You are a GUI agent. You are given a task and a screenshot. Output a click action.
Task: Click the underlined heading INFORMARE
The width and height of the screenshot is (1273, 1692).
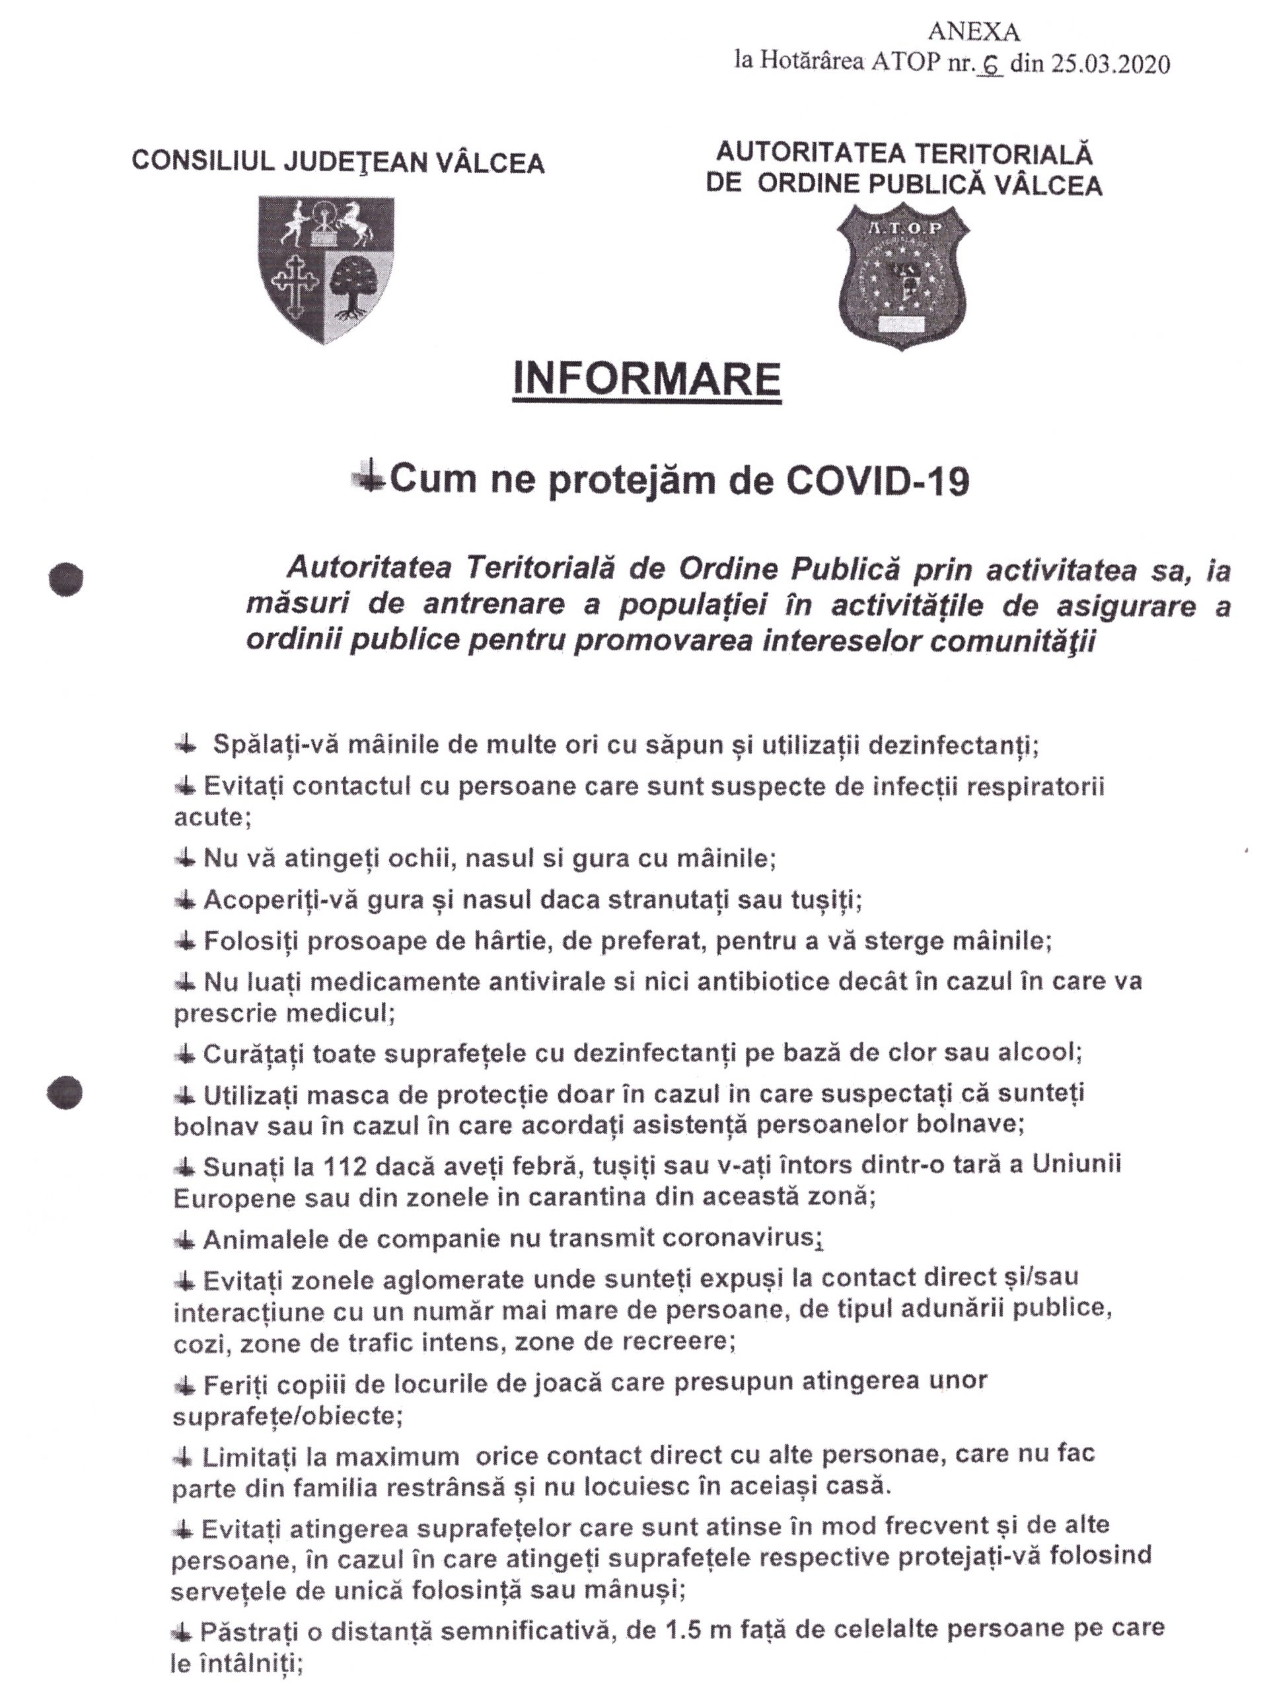(646, 380)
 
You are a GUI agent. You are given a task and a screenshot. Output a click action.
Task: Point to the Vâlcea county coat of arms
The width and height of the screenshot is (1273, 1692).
(326, 268)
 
